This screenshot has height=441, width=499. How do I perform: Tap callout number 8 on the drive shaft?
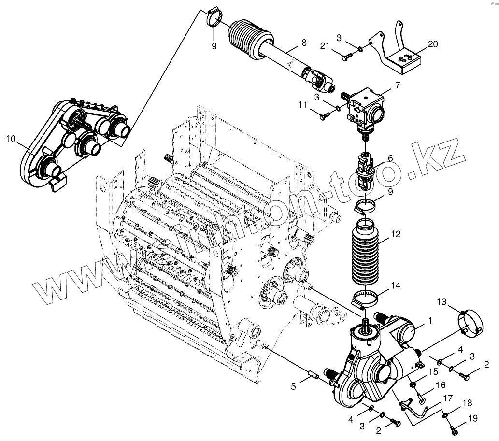[x=303, y=43]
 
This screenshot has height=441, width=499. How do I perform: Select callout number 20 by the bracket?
[x=433, y=44]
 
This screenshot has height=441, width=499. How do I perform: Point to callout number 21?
[x=325, y=45]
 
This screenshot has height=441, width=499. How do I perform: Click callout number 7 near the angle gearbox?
[x=397, y=85]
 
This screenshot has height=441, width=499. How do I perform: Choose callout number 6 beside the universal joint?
[x=390, y=158]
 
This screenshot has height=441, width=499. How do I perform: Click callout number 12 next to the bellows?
[x=396, y=235]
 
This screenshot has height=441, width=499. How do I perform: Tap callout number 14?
[x=396, y=285]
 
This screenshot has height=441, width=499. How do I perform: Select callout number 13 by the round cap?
[x=442, y=302]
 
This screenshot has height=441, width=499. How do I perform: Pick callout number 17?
[x=447, y=398]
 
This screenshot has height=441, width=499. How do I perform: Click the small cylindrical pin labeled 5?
[x=312, y=375]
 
